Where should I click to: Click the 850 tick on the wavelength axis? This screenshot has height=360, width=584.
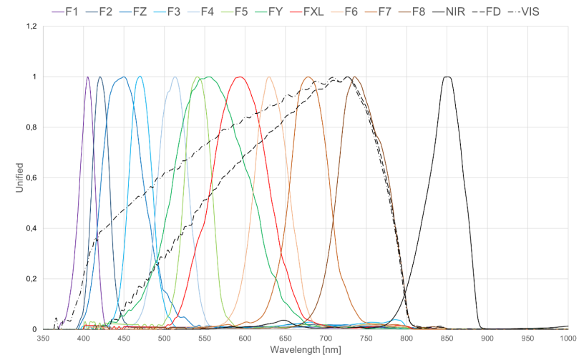click(447, 338)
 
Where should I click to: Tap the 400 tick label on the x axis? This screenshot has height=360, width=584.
click(84, 338)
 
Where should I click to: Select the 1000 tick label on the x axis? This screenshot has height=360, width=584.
click(568, 338)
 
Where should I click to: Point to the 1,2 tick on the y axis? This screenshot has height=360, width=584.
click(31, 26)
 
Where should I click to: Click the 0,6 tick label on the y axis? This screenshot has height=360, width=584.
click(31, 178)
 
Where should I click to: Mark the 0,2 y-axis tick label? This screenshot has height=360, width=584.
click(31, 279)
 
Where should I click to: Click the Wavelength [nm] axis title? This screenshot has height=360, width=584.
click(306, 351)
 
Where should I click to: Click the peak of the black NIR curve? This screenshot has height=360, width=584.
click(447, 77)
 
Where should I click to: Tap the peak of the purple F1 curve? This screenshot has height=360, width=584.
click(88, 77)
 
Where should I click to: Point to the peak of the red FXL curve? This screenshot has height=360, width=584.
click(240, 77)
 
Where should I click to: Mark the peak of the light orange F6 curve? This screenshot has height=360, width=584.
click(269, 77)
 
